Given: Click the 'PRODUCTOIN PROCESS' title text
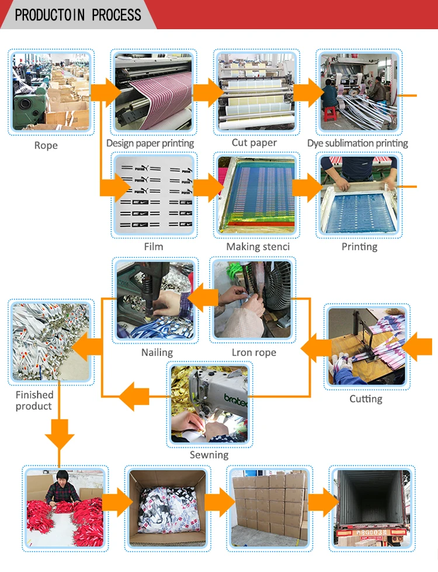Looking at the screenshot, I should pyautogui.click(x=78, y=15).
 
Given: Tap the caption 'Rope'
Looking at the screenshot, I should pyautogui.click(x=46, y=145).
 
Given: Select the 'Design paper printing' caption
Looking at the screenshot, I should pyautogui.click(x=150, y=144).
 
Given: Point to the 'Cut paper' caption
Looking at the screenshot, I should pyautogui.click(x=255, y=143).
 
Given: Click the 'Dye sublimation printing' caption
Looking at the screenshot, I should pyautogui.click(x=357, y=144).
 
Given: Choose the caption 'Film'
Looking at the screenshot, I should pyautogui.click(x=154, y=247).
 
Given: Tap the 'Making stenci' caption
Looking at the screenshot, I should pyautogui.click(x=258, y=247).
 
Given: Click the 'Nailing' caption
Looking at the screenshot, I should pyautogui.click(x=157, y=353).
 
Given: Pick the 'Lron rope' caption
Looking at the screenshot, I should pyautogui.click(x=254, y=353).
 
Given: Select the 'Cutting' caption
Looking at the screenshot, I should pyautogui.click(x=366, y=399).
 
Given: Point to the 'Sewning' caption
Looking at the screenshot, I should pyautogui.click(x=209, y=455).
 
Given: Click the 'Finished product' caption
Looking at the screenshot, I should pyautogui.click(x=34, y=400).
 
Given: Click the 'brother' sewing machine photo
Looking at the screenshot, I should pyautogui.click(x=208, y=403).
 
